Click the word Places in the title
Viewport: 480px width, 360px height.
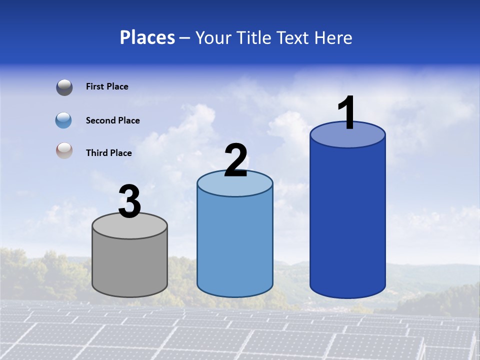(x=147, y=37)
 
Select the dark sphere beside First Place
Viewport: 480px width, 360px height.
(x=64, y=87)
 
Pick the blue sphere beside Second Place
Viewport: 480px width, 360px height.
(x=64, y=120)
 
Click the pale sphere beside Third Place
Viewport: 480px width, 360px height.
(x=64, y=151)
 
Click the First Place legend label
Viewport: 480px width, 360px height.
(x=107, y=86)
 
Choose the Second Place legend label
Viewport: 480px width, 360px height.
(x=112, y=120)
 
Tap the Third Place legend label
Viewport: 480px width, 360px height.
(x=109, y=153)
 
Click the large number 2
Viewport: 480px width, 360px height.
(x=235, y=160)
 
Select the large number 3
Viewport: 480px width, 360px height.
(x=129, y=202)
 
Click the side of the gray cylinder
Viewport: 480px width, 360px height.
(x=130, y=265)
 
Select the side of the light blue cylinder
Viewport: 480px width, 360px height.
(x=235, y=245)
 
